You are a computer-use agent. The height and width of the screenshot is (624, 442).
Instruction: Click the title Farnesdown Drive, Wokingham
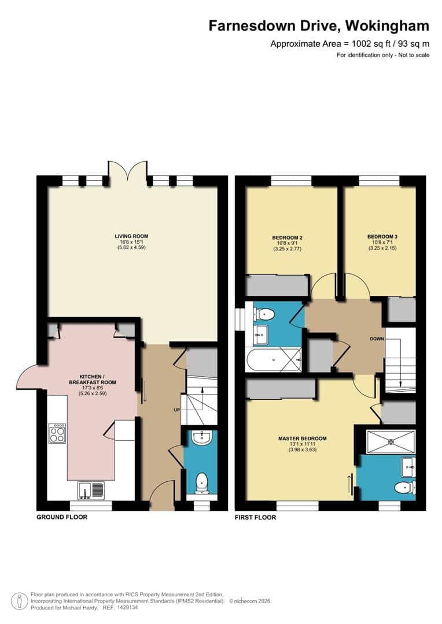[319, 26]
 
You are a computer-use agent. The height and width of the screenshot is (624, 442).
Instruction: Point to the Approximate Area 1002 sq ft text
[350, 44]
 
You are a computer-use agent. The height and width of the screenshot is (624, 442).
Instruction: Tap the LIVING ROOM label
[131, 236]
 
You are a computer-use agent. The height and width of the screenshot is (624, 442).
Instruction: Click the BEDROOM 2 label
[288, 237]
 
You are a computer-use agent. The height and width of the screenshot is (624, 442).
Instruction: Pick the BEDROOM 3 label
[382, 236]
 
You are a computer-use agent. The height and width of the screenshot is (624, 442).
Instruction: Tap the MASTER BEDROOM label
[301, 438]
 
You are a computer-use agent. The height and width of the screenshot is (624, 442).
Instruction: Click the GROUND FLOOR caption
[62, 517]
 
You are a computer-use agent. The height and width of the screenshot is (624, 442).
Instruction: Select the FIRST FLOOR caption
[255, 518]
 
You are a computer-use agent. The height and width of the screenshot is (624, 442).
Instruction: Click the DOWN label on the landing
[378, 339]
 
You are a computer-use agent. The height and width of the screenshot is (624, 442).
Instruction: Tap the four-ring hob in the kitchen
[57, 433]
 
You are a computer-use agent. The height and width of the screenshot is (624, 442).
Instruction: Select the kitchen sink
[90, 490]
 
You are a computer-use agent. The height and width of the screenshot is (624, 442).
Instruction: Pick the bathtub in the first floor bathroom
[273, 359]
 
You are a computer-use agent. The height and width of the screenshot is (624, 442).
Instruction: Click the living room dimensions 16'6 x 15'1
[131, 242]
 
